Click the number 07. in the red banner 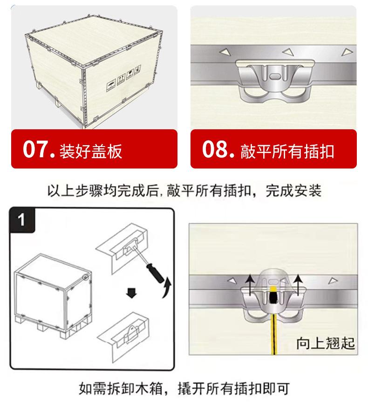coord(39,149)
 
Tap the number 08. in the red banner coord(218,149)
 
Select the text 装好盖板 coord(91,151)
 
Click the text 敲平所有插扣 coord(287,151)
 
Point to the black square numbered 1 coord(22,220)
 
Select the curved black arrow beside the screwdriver coord(166,288)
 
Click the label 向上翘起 coord(325,344)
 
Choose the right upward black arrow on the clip coord(298,285)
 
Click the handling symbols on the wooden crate coord(124,78)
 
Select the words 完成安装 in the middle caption coord(293,190)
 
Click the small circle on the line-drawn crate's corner coord(85,277)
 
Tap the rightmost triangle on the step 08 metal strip coord(347,52)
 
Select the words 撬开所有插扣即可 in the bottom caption coord(234,388)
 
